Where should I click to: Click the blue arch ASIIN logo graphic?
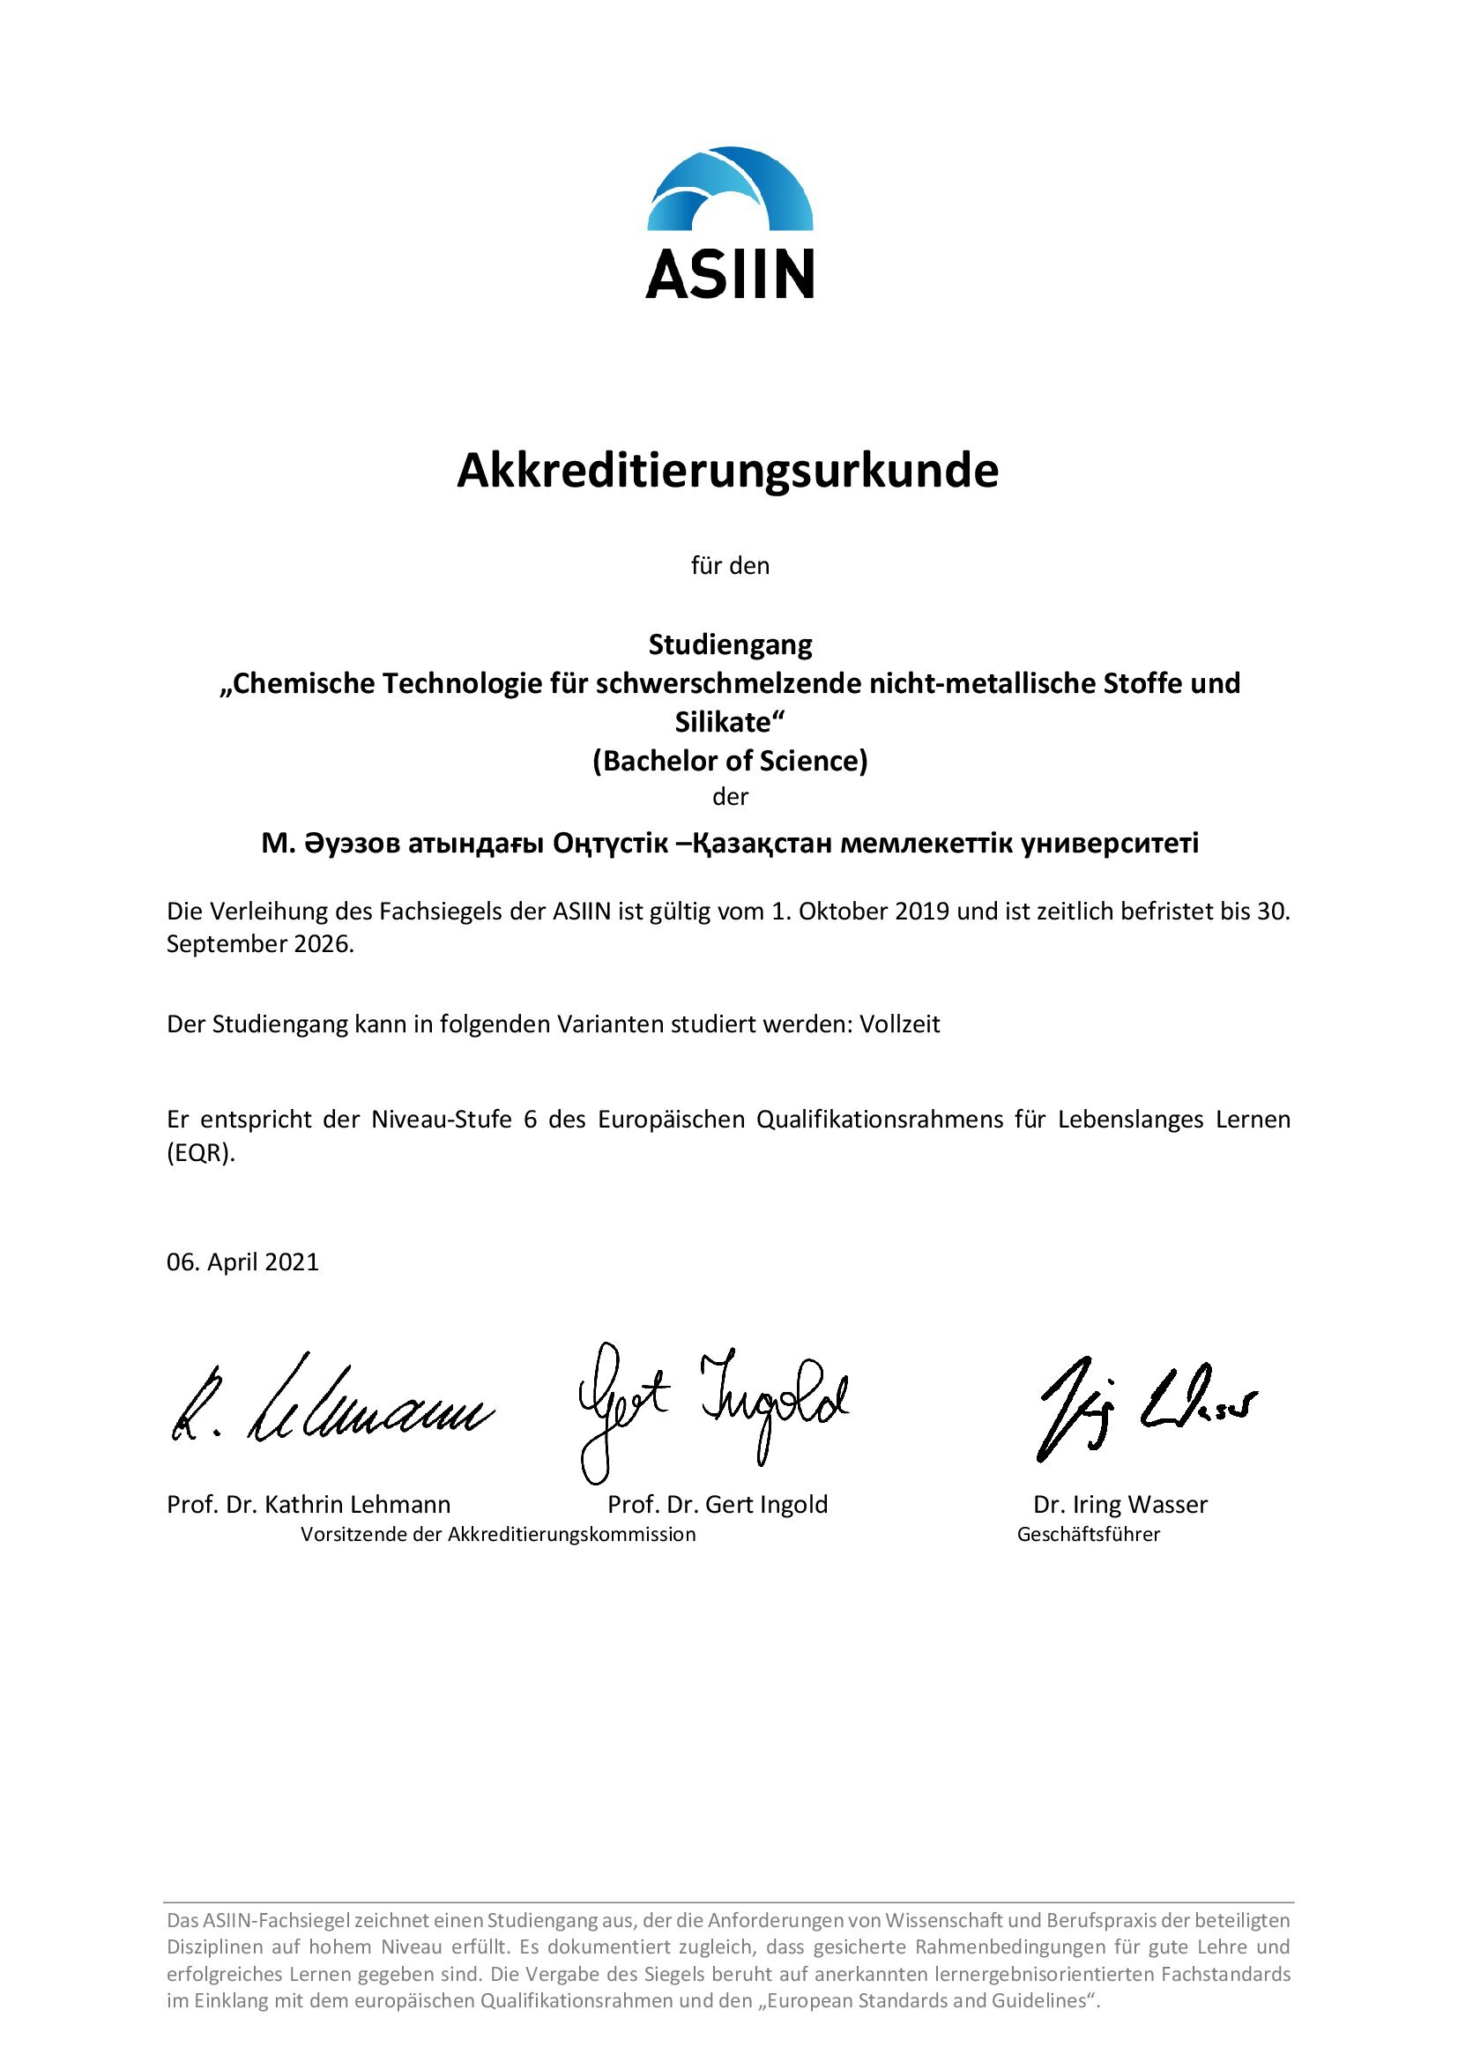[x=729, y=190]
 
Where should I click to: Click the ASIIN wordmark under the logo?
[x=729, y=273]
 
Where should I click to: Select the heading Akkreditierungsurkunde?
[x=727, y=471]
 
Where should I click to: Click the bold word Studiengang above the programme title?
[x=730, y=644]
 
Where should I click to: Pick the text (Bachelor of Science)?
[x=730, y=761]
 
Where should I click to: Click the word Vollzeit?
[x=900, y=1024]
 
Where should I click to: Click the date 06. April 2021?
[x=242, y=1262]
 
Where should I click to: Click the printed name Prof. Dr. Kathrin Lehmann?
[x=309, y=1504]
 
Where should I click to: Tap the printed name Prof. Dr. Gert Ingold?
[x=718, y=1504]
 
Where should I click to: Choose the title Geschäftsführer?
[x=1088, y=1534]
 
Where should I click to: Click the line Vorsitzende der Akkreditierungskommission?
[x=498, y=1534]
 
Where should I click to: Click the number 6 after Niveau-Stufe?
[x=531, y=1120]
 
